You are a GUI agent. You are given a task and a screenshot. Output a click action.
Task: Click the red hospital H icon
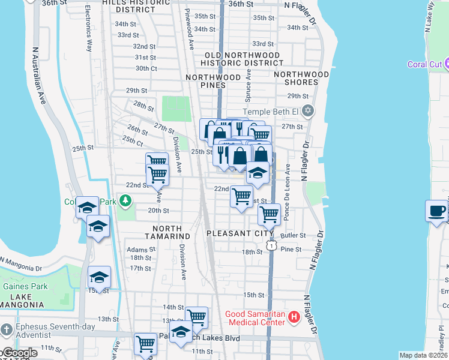tap(294, 316)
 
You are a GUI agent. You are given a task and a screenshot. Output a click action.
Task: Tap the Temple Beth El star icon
tap(308, 112)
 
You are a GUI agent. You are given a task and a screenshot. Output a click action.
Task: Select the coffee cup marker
tap(436, 211)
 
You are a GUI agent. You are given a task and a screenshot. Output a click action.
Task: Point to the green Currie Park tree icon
tap(125, 200)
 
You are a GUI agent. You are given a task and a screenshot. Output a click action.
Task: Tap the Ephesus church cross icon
tap(6, 329)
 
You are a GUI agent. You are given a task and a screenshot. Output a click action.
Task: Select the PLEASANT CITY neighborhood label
tap(235, 233)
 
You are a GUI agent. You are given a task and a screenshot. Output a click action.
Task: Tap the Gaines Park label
tap(24, 286)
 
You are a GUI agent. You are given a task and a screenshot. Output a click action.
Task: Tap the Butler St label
tap(296, 236)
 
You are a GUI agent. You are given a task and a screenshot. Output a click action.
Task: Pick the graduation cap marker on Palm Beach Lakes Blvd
tap(181, 332)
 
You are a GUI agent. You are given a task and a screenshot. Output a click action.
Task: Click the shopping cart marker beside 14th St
tap(196, 317)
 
